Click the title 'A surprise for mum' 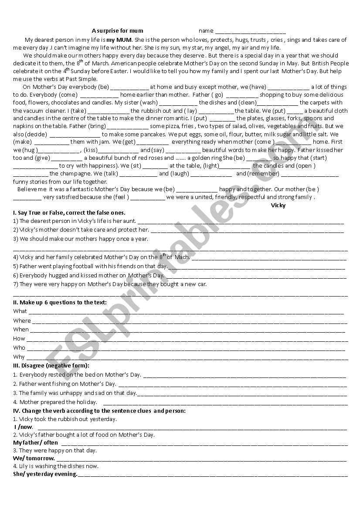click(118, 31)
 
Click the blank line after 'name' click(251, 31)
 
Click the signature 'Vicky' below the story click(278, 205)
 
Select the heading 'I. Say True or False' click(69, 213)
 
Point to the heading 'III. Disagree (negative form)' click(51, 366)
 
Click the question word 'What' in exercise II click(20, 311)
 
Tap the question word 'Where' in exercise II click(22, 321)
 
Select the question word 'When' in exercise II click(21, 330)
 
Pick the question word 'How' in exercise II click(19, 339)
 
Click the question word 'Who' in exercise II click(19, 348)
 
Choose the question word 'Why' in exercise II click(19, 357)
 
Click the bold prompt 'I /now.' click(23, 427)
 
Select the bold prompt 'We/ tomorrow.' click(34, 458)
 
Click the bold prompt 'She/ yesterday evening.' click(45, 474)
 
